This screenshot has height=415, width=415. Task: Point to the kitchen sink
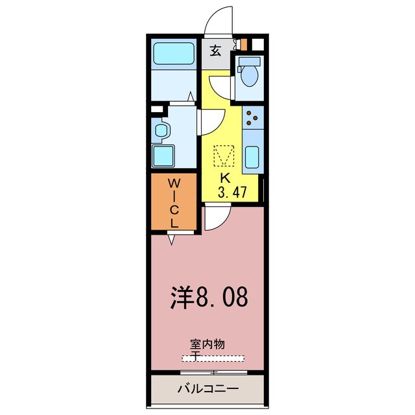(253, 158)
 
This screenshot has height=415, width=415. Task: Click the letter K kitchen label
(225, 178)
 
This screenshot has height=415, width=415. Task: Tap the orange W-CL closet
(173, 202)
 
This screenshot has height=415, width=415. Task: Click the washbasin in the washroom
(161, 130)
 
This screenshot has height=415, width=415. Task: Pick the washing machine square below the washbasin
(163, 156)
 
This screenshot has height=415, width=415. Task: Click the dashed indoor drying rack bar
(213, 357)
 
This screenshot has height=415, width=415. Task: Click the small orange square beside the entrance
(244, 46)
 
